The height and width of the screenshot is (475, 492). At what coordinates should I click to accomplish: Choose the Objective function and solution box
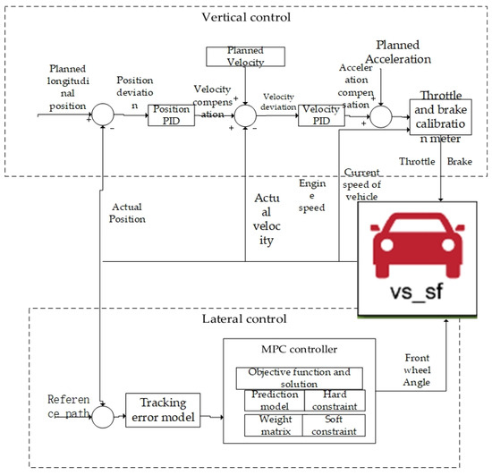301,377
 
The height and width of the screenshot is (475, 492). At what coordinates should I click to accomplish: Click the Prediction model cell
274,399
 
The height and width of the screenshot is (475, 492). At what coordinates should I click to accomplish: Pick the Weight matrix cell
274,425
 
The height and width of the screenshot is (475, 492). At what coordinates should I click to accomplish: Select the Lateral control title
246,318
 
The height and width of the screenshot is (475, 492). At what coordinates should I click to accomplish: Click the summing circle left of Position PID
105,115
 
